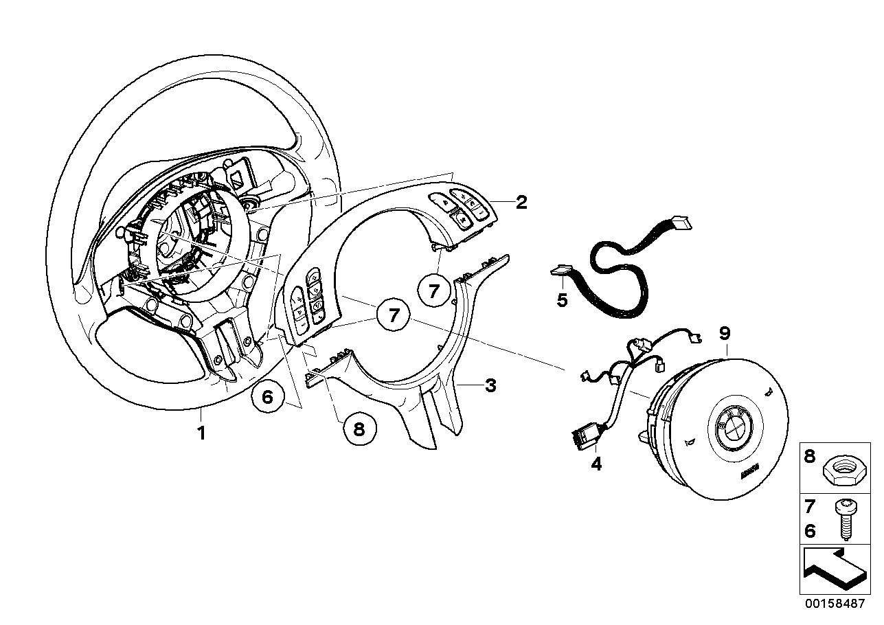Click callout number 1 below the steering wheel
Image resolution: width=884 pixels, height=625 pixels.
[201, 433]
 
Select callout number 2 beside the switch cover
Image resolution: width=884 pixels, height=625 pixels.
[521, 203]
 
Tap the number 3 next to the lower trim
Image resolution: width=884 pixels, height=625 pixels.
[490, 385]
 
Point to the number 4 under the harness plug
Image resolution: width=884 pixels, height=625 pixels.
[596, 464]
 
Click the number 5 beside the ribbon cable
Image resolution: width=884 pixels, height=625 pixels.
[562, 300]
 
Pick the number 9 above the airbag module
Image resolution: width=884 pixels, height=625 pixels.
[725, 334]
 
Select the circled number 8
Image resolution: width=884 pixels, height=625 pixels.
[359, 429]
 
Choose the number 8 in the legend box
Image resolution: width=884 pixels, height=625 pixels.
[809, 457]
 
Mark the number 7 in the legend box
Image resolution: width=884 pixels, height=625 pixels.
[809, 507]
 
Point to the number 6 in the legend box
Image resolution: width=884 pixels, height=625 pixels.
[809, 531]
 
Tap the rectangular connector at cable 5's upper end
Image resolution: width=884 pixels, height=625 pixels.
[681, 223]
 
